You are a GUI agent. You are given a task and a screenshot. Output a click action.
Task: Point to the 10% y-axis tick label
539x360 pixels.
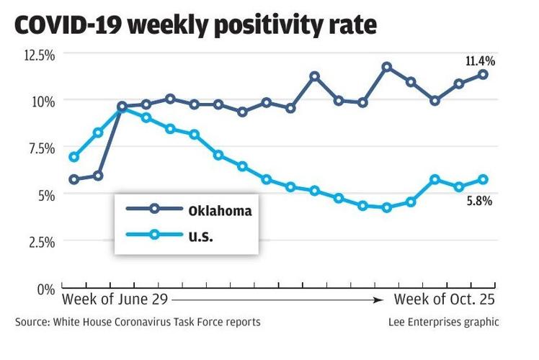(42, 101)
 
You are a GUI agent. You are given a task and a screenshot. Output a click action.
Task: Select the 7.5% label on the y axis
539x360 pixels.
(39, 148)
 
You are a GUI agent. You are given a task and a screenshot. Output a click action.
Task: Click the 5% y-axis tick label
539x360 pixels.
(45, 194)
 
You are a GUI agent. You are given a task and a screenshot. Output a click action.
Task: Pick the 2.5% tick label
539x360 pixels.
(39, 242)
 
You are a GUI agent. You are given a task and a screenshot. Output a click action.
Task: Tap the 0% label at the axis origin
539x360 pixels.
(45, 289)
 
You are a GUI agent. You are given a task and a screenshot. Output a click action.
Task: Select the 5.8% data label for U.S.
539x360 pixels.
(478, 202)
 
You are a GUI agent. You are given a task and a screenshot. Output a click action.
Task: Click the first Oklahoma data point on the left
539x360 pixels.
(73, 179)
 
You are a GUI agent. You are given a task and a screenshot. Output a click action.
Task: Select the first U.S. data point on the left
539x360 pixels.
(73, 157)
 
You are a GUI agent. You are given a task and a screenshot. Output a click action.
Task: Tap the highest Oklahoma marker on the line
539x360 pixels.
(387, 67)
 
